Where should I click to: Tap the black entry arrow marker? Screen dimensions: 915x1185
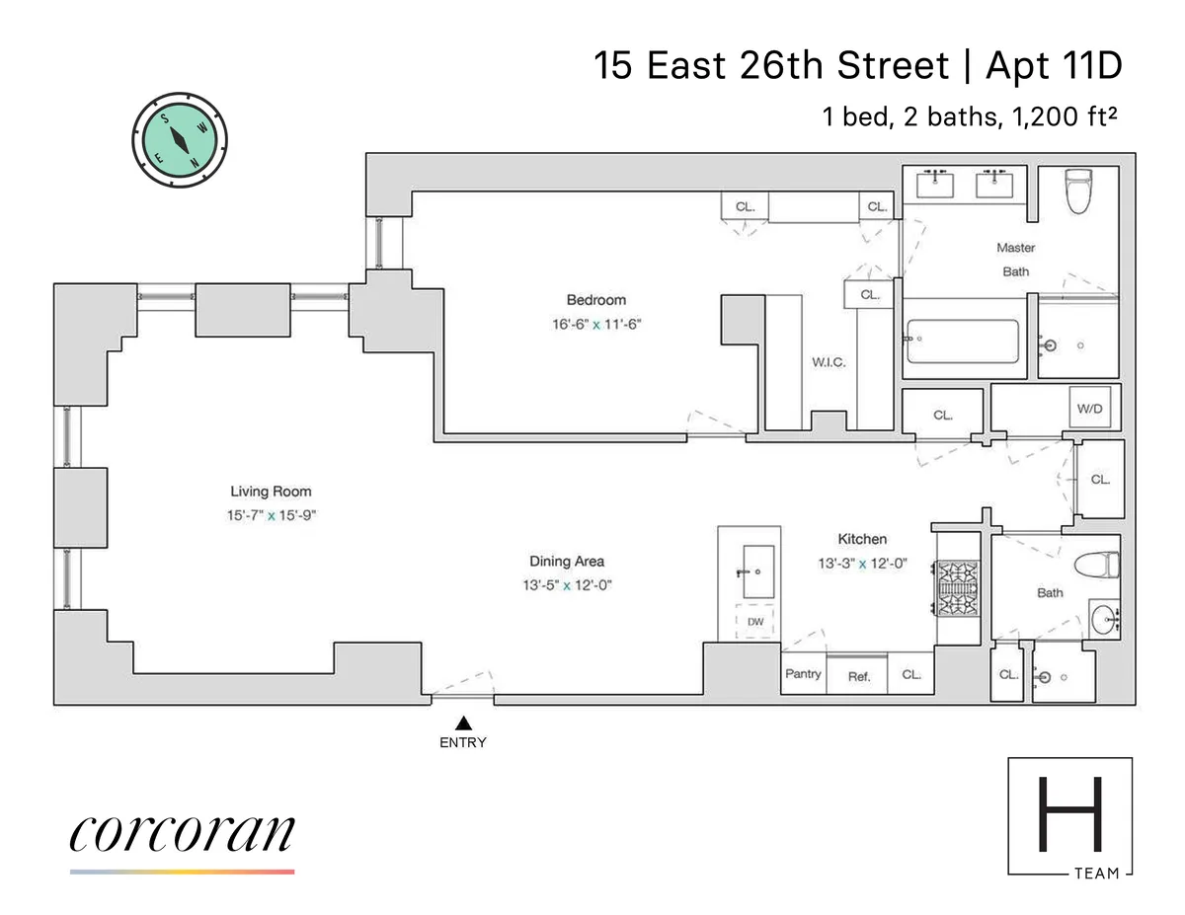(x=463, y=724)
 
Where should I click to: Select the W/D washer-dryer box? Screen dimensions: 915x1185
(x=1089, y=408)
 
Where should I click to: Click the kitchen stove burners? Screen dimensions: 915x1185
(x=956, y=587)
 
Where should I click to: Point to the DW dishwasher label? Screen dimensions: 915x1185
(x=755, y=622)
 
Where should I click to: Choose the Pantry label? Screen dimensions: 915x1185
(x=803, y=674)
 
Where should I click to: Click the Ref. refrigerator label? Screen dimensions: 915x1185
(x=859, y=677)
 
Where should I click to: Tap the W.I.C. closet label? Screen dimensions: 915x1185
(x=829, y=362)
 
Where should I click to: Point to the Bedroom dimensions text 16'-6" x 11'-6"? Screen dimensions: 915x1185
(x=595, y=323)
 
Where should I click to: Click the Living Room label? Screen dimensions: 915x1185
(x=271, y=492)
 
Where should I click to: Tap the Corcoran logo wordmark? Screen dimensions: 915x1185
(x=182, y=834)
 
